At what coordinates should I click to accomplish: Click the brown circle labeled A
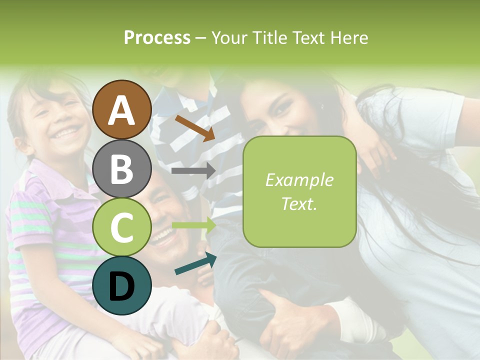point(121,109)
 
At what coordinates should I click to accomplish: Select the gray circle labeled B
point(121,168)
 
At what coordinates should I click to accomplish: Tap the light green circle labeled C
point(121,227)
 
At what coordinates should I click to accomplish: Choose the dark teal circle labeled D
point(121,285)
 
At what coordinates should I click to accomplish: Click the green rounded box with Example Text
point(299,191)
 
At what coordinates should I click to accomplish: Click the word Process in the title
point(157,37)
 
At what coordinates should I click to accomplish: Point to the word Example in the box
point(299,180)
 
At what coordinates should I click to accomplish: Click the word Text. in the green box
point(299,204)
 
